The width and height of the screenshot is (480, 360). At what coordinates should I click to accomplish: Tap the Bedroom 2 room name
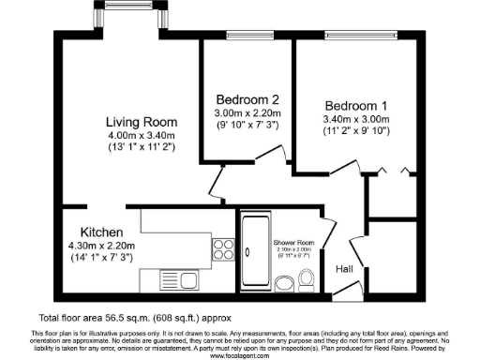(248, 100)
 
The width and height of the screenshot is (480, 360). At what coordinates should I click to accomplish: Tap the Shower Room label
(294, 242)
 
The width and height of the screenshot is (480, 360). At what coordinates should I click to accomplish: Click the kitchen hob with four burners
(224, 249)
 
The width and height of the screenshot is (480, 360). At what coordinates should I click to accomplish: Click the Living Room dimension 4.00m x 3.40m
(142, 135)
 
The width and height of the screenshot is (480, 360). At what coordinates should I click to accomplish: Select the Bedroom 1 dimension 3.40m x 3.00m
(356, 119)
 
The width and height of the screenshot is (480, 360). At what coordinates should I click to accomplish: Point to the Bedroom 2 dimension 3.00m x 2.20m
(248, 113)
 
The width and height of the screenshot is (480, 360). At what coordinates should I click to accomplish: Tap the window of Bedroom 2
(248, 36)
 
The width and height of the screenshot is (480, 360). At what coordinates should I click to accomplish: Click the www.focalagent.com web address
(240, 355)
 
